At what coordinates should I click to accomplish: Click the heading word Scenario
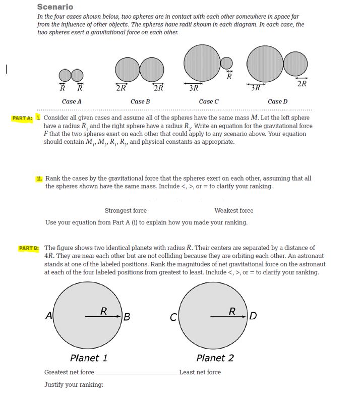(55, 7)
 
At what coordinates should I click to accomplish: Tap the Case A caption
(72, 101)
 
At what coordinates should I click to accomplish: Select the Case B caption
(140, 101)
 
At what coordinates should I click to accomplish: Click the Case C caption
(209, 101)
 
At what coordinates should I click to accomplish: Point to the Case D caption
(278, 101)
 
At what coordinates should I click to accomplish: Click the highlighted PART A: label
(23, 118)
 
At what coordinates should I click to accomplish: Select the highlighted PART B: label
(29, 248)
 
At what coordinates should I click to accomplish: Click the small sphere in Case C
(227, 63)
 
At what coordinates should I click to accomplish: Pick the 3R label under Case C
(194, 88)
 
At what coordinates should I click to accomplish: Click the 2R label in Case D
(301, 84)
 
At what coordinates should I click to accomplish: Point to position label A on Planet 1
(48, 316)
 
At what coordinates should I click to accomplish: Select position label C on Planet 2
(172, 317)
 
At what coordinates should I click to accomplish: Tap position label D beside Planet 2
(253, 316)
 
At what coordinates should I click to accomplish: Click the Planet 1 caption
(88, 358)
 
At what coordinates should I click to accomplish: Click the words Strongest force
(126, 211)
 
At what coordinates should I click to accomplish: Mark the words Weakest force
(233, 211)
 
